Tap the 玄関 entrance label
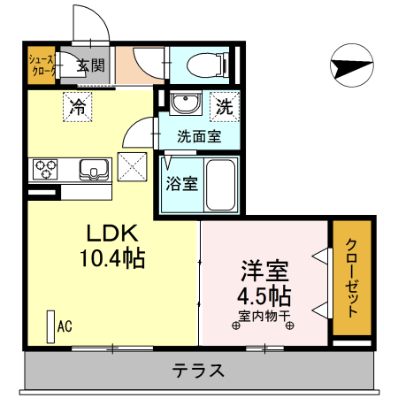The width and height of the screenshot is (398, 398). (x=89, y=65)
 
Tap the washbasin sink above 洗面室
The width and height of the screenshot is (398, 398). (x=186, y=105)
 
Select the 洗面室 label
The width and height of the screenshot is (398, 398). (x=199, y=137)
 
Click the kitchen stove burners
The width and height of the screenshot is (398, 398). (x=46, y=166)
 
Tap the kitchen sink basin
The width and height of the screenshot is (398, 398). (x=92, y=167)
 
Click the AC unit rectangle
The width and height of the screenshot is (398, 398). (x=50, y=326)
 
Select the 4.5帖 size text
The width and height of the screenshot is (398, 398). (x=264, y=295)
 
